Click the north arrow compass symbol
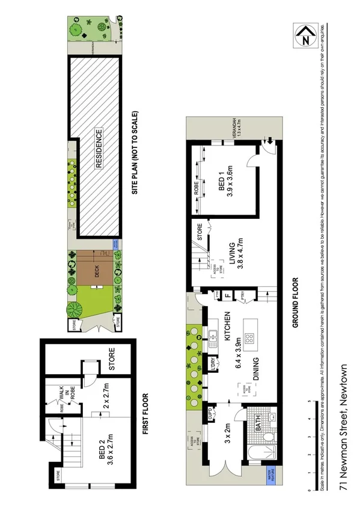305,37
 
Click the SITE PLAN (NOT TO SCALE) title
136,152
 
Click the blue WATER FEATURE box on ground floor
272,479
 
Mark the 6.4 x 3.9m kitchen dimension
239,351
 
